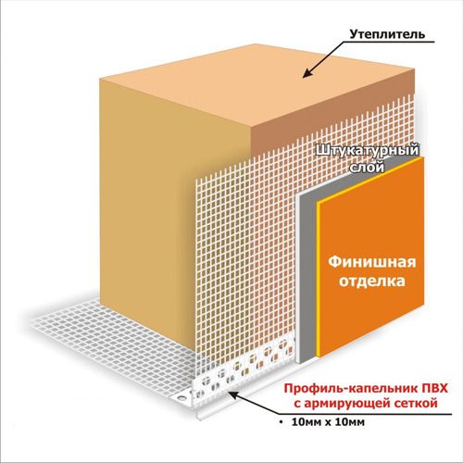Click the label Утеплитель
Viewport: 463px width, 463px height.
(387, 34)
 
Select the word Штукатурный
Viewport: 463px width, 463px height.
(368, 152)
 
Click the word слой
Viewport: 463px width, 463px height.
(367, 168)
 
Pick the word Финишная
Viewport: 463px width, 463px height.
(372, 262)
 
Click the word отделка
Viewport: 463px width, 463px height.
(372, 282)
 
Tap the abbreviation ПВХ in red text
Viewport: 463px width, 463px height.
(434, 388)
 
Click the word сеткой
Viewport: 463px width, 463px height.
(415, 403)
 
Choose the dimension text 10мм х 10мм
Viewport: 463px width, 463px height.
(328, 422)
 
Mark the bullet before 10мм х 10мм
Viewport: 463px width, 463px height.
(281, 422)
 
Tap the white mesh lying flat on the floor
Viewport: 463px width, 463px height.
(111, 343)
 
